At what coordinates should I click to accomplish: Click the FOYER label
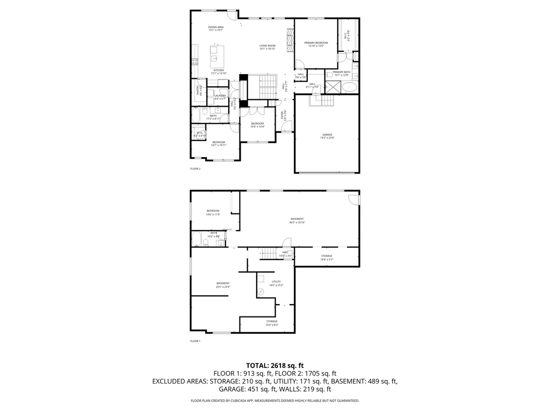283,114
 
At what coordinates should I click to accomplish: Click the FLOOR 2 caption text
195,168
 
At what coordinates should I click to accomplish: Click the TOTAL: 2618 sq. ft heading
275,365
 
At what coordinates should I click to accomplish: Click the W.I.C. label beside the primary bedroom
346,36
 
